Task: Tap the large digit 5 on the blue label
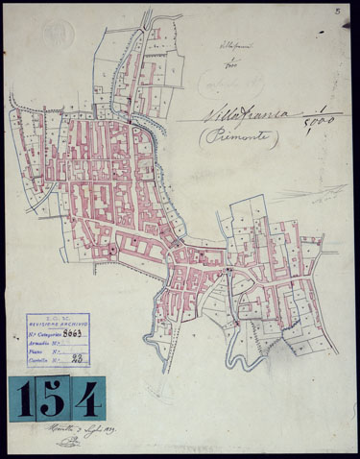pos(50,397)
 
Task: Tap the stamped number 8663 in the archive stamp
pos(73,334)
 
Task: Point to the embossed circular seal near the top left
pos(59,36)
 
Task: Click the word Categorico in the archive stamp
pos(47,335)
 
